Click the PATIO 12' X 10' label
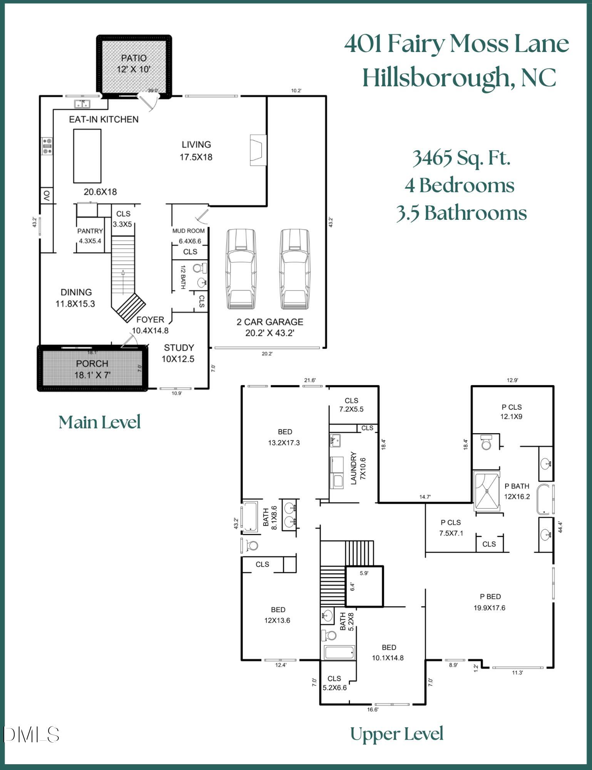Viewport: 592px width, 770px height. tap(134, 64)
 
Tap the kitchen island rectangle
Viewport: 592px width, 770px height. tap(87, 156)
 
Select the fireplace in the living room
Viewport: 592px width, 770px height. tap(258, 150)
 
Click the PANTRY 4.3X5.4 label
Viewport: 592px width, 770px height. tap(90, 236)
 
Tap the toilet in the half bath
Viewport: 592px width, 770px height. tap(199, 268)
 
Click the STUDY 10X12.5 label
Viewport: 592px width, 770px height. tap(178, 353)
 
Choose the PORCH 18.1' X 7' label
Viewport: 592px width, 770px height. tap(92, 369)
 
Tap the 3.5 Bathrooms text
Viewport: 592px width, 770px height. tap(461, 213)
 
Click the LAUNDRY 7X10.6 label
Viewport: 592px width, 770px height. tap(358, 468)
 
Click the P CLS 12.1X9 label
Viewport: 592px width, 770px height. tap(511, 412)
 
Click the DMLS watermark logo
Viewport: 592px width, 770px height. tap(32, 735)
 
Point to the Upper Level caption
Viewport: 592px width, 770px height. tap(396, 734)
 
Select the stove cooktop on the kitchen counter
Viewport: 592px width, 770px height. tap(47, 146)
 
